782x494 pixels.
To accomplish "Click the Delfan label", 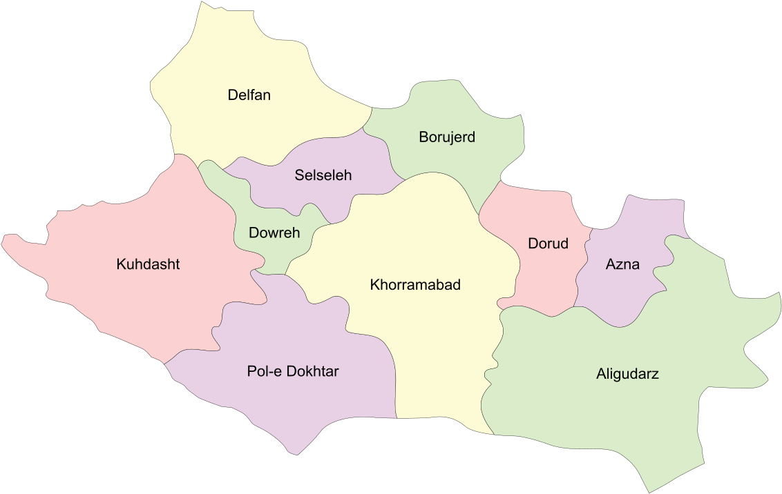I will pos(249,95).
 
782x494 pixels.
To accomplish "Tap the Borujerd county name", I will pos(447,137).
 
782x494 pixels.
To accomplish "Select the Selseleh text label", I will pos(323,175).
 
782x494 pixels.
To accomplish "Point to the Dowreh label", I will pos(274,233).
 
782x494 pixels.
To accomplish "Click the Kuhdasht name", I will pos(148,264).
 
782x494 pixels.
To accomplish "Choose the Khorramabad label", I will pos(415,285).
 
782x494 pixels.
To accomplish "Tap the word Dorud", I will pos(548,244).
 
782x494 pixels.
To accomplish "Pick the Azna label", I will pos(622,264).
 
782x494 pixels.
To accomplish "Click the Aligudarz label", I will pos(627,375).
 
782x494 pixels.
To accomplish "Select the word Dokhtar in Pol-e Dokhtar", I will pos(312,371).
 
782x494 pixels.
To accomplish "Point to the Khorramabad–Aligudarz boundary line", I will pos(495,359).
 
